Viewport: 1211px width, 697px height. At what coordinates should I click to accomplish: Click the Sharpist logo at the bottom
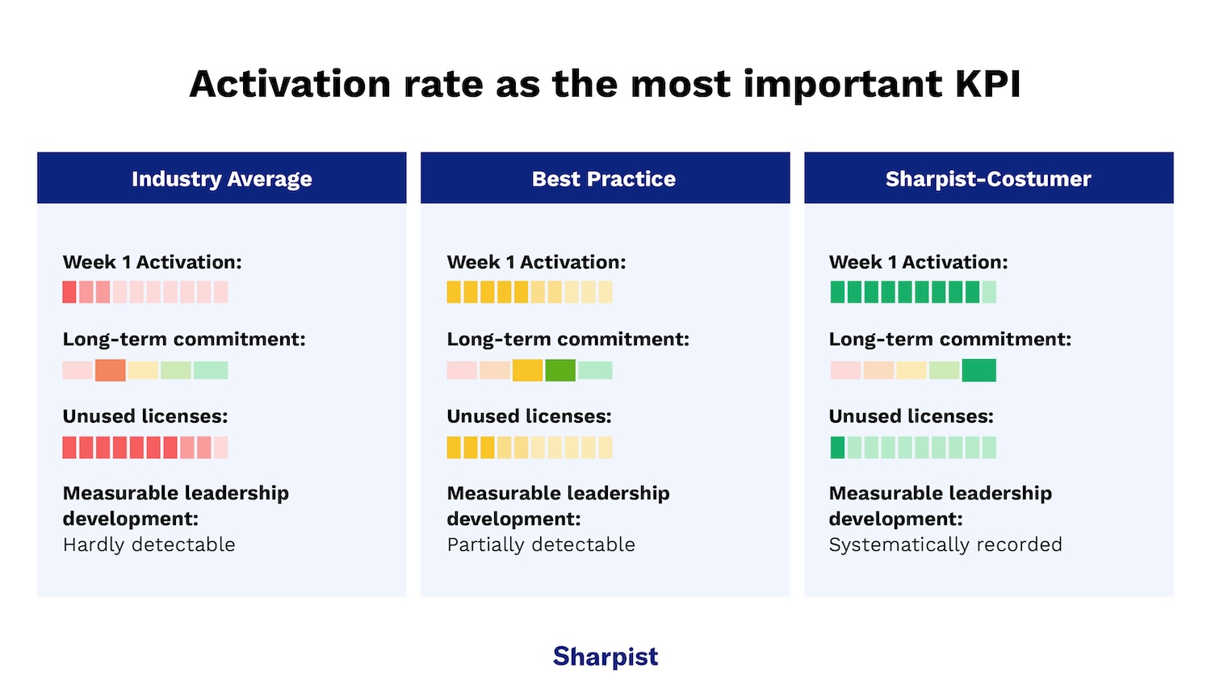pos(605,657)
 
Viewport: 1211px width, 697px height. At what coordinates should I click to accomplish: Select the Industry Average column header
pos(222,178)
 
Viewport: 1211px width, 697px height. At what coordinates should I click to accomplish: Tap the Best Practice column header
pos(605,178)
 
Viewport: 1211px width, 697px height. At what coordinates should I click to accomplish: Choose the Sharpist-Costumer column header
pos(988,178)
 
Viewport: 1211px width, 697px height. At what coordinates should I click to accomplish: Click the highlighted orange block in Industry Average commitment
pos(111,370)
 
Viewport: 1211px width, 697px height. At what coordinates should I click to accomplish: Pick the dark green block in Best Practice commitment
pos(560,370)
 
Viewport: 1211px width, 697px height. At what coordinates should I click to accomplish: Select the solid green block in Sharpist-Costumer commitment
pos(978,370)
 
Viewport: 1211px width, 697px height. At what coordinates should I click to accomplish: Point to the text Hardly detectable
pos(149,545)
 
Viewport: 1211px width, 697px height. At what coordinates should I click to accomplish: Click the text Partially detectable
pos(541,545)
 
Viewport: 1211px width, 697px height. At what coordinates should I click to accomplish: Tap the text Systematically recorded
pos(945,545)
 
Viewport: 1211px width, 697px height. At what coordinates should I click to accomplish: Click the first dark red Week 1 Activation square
pos(69,292)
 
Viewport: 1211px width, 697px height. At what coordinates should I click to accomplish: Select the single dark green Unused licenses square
pos(837,448)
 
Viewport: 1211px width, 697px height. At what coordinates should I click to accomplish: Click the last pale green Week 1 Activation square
pos(989,292)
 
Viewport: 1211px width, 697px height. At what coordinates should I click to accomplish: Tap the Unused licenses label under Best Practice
pos(529,416)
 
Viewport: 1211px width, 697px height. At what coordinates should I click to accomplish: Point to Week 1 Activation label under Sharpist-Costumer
pos(918,262)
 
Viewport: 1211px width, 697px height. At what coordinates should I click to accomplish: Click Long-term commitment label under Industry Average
pos(184,339)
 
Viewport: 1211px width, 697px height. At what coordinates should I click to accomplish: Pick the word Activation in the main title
pos(290,84)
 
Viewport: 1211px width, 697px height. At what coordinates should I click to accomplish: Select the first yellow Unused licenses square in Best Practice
pos(454,448)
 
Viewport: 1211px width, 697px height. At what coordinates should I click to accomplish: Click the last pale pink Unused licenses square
pos(220,448)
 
